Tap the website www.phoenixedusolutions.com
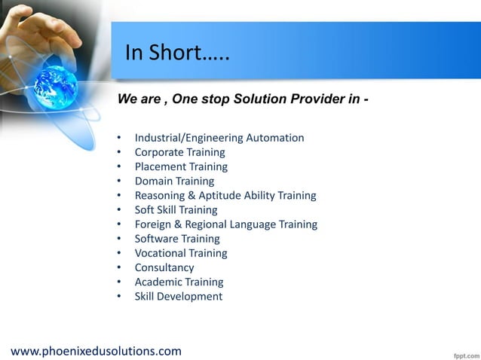tap(96, 351)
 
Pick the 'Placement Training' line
tap(181, 166)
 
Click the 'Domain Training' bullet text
tap(174, 181)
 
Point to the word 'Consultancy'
tap(164, 267)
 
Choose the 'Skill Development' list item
tap(179, 296)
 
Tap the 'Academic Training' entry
tap(179, 282)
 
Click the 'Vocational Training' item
tap(181, 253)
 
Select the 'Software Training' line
tap(177, 239)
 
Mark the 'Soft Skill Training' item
tap(176, 210)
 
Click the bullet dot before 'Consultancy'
tap(119, 268)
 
